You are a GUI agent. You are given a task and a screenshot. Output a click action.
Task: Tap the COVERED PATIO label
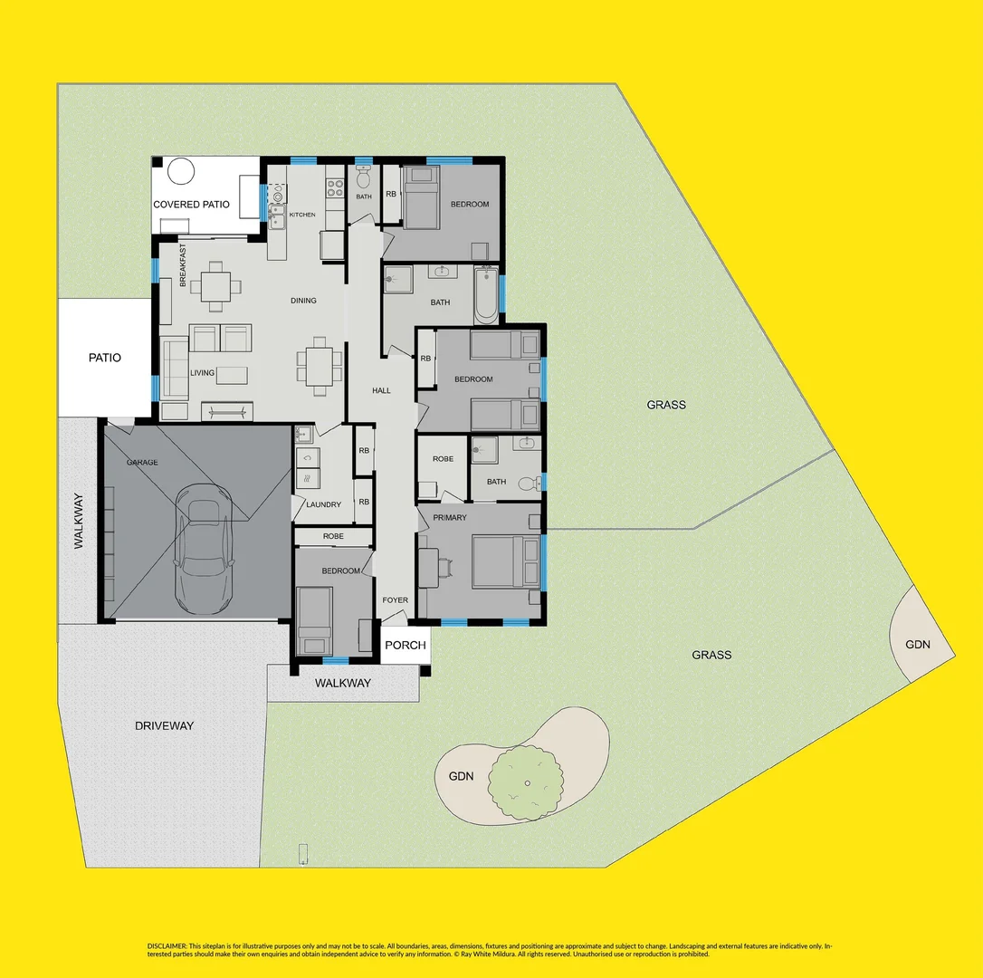click(191, 205)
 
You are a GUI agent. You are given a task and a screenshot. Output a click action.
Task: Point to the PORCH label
click(405, 646)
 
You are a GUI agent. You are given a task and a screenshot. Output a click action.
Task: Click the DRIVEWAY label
click(164, 725)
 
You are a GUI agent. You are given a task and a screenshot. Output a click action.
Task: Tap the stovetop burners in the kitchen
click(334, 187)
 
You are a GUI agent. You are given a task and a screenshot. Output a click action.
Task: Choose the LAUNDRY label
click(323, 504)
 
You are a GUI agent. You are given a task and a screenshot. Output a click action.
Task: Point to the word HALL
click(381, 390)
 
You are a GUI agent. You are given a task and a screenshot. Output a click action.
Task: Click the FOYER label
click(395, 600)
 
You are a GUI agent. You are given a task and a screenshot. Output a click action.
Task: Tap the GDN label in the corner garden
click(917, 645)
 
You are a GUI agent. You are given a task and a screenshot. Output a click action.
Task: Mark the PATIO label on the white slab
click(104, 358)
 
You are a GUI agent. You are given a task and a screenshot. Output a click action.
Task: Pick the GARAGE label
click(142, 463)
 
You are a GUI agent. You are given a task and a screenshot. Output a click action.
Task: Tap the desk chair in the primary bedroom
click(447, 566)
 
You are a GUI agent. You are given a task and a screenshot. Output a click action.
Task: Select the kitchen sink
click(276, 215)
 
